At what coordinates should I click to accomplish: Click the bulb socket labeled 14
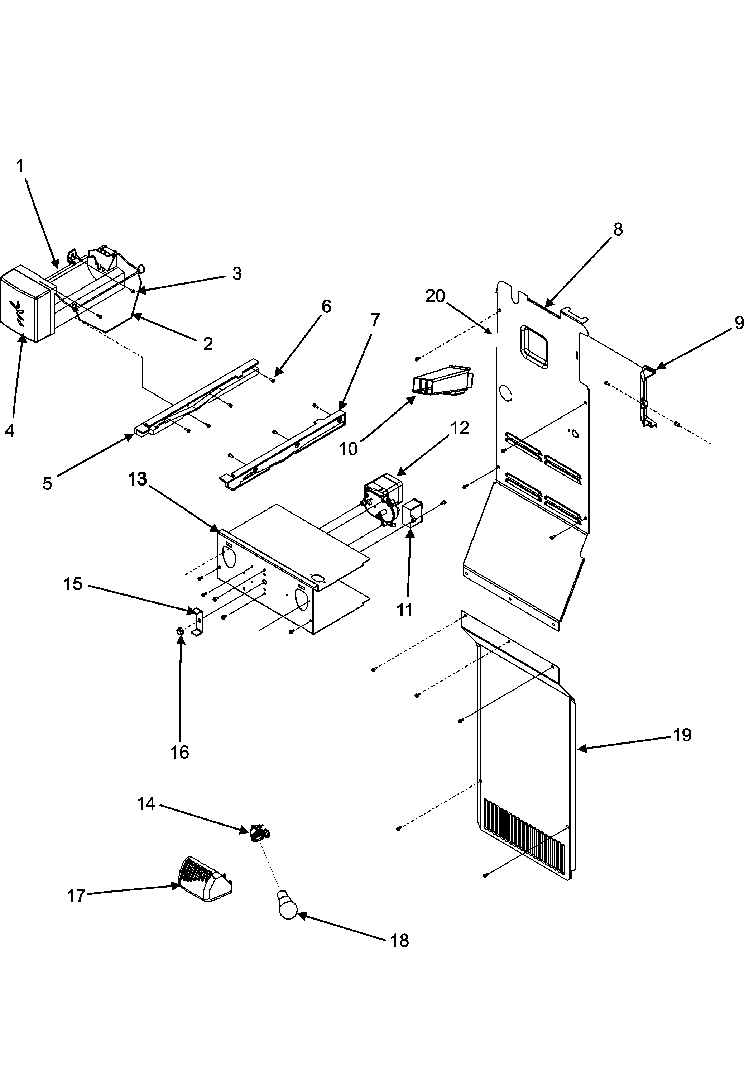point(259,832)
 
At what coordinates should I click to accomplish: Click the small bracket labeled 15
point(197,621)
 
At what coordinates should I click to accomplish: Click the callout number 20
point(435,296)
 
